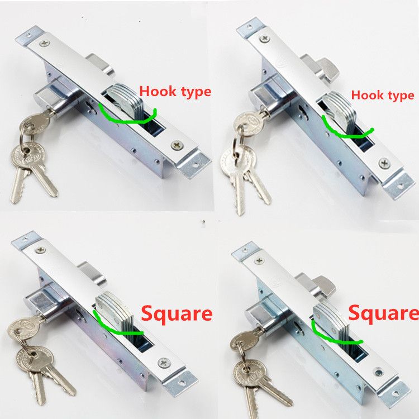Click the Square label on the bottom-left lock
[177, 313]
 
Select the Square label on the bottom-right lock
[383, 312]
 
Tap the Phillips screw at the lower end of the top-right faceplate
[384, 162]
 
